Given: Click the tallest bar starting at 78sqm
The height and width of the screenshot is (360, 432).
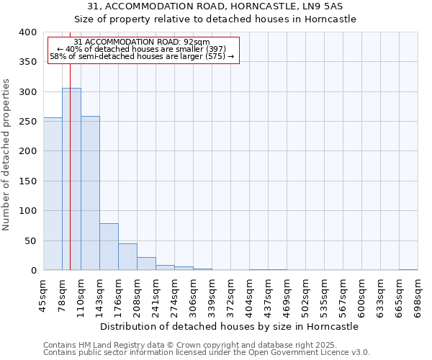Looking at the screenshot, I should pos(71,179).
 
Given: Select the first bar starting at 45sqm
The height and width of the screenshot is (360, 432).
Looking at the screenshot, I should pos(53,194).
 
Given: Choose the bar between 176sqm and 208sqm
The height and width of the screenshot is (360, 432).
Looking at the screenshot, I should pos(127,257).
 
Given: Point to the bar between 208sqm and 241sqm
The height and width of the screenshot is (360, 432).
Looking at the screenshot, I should pos(146,264).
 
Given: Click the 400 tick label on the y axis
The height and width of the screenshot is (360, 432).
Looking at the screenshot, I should pos(27,32).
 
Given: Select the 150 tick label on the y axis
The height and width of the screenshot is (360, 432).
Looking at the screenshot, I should pos(27,181).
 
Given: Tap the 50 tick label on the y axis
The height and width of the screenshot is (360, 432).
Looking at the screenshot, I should pos(30,240).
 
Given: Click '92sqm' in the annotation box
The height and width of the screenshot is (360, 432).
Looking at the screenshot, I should pos(197,42).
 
